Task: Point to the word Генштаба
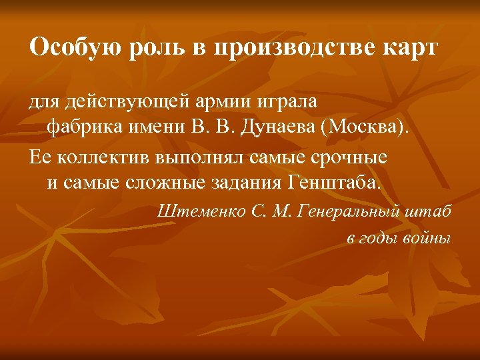pyautogui.click(x=336, y=183)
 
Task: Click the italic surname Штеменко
pyautogui.click(x=201, y=213)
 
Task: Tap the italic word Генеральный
pyautogui.click(x=353, y=213)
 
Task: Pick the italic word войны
pyautogui.click(x=427, y=239)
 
